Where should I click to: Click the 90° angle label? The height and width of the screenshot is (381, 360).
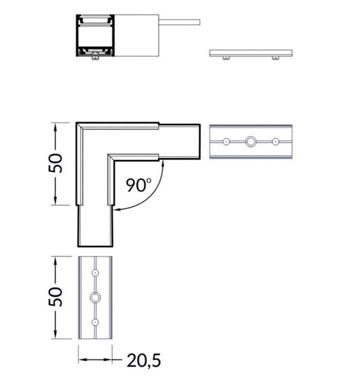coord(138,185)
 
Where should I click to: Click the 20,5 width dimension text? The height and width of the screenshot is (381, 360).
coord(143,360)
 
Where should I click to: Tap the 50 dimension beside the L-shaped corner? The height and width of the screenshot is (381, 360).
coord(55,163)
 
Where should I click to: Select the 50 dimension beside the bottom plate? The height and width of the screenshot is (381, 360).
coord(55,297)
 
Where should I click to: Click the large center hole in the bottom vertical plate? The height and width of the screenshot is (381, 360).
coord(95,297)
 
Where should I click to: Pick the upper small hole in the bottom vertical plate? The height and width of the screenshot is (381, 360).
coord(95,273)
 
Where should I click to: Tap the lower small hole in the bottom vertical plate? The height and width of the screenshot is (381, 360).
coord(95,322)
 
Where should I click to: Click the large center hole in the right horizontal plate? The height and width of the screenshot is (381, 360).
coord(250,142)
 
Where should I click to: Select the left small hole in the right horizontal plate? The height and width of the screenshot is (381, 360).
coord(226,142)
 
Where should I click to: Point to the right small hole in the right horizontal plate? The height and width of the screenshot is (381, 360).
coord(275,142)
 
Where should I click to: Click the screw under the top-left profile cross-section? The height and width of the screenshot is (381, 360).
coord(95,56)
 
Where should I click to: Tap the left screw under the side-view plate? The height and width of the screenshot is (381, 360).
coord(227,58)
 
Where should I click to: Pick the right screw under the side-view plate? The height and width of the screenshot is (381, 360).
coord(276,58)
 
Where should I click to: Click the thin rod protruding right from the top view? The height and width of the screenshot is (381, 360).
coord(180,22)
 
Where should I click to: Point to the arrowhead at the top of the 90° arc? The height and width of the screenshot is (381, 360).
coord(163,163)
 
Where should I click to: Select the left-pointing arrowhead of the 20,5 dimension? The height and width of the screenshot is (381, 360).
coord(82,359)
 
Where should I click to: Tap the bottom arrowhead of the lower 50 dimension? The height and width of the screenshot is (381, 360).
coord(55,335)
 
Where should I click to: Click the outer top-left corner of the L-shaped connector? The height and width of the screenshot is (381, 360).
coord(76,123)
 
